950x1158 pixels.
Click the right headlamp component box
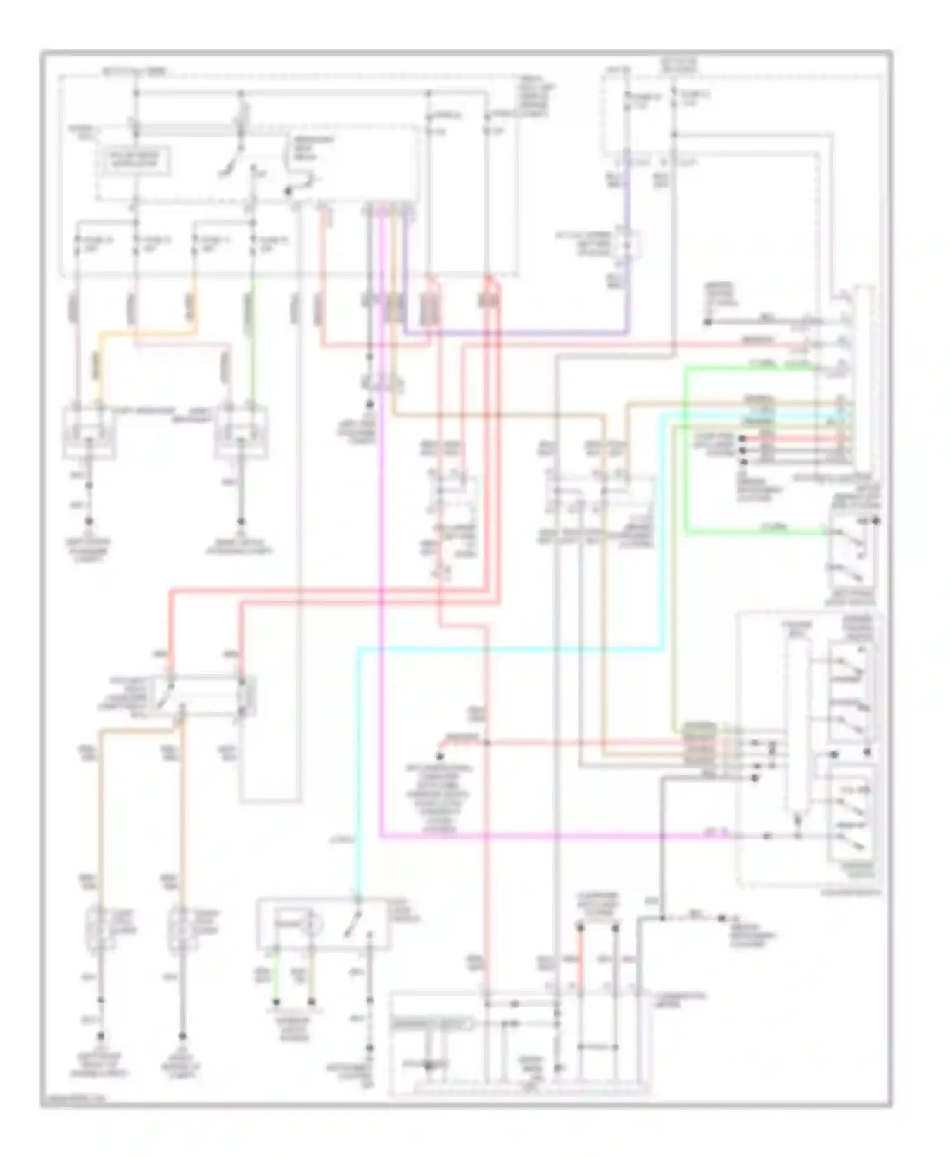241,432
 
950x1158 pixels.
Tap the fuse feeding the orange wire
194,242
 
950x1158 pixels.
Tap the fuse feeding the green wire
253,242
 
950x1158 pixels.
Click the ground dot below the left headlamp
89,521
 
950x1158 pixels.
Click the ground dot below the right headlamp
241,521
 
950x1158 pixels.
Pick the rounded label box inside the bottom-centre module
431,1023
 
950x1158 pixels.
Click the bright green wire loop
687,450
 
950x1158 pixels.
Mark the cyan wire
507,648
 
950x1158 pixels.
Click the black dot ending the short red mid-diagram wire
439,756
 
